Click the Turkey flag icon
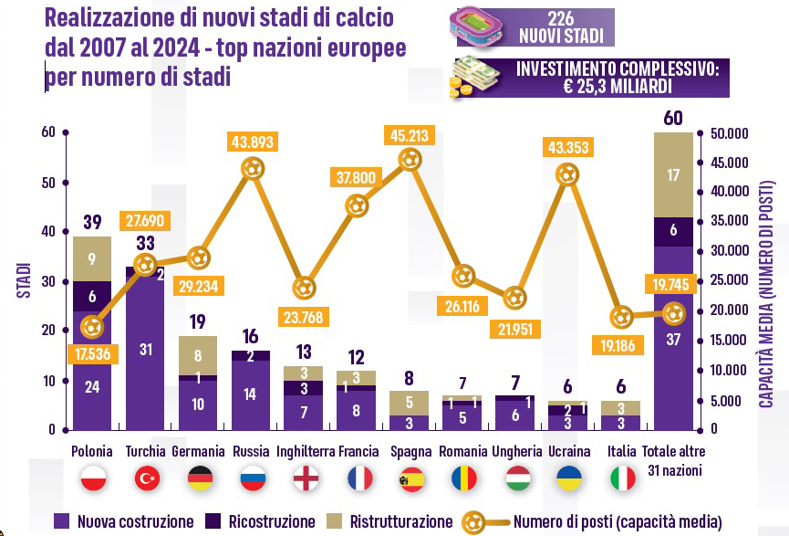(148, 478)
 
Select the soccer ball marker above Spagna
(410, 160)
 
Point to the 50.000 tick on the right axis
(728, 133)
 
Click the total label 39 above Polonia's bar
(91, 222)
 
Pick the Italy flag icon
(623, 478)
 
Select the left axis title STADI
(24, 279)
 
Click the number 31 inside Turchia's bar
(146, 348)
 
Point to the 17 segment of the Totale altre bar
(673, 175)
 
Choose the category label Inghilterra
(306, 451)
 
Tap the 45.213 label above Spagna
(410, 135)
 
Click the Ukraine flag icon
(568, 478)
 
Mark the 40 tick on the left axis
(49, 232)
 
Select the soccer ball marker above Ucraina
(567, 173)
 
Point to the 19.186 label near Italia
(620, 346)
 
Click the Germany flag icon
(200, 478)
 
